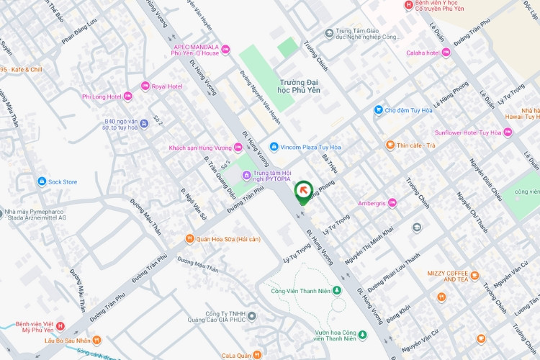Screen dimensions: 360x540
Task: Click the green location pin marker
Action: [303, 190]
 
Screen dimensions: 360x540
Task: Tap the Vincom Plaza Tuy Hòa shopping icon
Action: [274, 147]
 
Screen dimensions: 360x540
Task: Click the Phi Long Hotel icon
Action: [127, 96]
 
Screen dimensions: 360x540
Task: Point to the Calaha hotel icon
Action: [446, 53]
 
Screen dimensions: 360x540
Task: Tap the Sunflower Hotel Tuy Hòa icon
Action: [508, 132]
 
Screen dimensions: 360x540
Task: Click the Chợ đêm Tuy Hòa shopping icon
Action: [378, 110]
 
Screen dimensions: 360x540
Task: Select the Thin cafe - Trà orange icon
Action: [390, 145]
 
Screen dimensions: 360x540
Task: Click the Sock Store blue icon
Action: [42, 181]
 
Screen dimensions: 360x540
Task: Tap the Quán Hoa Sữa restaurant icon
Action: [189, 239]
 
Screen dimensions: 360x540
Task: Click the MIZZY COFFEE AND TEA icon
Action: [474, 274]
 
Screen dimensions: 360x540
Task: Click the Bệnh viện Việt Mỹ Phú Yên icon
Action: [60, 326]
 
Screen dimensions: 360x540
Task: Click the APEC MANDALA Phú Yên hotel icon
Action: [225, 49]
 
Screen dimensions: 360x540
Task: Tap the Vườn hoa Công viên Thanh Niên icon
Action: [363, 335]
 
